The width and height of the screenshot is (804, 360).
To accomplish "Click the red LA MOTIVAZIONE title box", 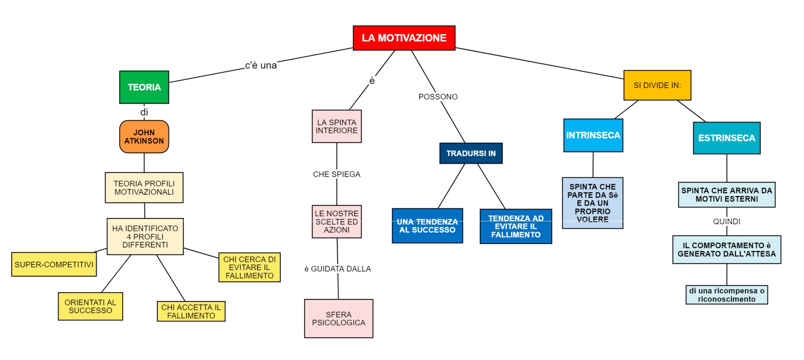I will (x=404, y=38).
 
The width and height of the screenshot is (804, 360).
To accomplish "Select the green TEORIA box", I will (x=144, y=87).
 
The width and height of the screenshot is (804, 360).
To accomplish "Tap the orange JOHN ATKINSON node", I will (x=144, y=137).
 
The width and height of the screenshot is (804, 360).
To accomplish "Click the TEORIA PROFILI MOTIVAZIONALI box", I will (x=144, y=188).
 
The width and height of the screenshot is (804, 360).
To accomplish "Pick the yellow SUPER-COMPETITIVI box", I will (x=54, y=264).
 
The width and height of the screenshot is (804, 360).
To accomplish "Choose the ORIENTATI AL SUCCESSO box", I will (x=90, y=306).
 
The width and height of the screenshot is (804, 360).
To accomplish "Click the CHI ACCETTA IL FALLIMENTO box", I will (x=191, y=311).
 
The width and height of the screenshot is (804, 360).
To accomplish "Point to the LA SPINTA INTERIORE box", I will (x=337, y=126).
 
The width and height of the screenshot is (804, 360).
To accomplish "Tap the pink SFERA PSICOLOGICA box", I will (x=339, y=318).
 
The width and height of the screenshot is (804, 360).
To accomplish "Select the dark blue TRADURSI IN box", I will (x=471, y=153).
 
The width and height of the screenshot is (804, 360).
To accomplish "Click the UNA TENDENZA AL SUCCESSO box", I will (x=427, y=226).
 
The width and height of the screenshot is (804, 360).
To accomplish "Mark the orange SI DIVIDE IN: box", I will (x=657, y=85).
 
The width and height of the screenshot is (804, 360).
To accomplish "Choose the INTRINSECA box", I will (x=593, y=135).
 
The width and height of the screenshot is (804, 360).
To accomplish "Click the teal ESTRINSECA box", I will (x=727, y=138).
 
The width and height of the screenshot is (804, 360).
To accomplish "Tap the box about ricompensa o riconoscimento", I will (x=727, y=295).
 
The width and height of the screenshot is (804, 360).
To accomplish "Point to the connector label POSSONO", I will (x=438, y=97).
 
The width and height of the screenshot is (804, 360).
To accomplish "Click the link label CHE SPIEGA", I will (x=337, y=174).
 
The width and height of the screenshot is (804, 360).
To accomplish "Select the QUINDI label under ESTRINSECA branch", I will (x=727, y=222).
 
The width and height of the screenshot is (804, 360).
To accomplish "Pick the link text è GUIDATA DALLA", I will (x=338, y=269).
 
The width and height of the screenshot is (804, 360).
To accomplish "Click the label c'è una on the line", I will (x=261, y=65).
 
